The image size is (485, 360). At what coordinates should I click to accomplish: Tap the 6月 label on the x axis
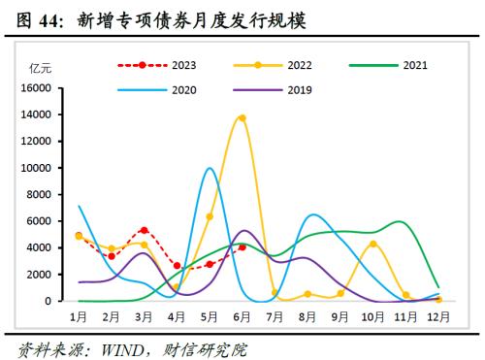[x=242, y=316]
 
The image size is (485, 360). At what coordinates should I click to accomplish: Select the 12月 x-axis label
[x=438, y=316]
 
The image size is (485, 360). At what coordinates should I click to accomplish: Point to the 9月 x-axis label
[x=339, y=316]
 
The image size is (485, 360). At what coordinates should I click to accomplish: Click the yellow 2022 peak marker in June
[x=242, y=118]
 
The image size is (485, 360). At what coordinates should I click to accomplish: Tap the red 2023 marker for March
[x=144, y=230]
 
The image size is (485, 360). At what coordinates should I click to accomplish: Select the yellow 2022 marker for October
[x=372, y=244]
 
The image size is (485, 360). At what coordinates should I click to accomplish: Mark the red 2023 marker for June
[x=242, y=247]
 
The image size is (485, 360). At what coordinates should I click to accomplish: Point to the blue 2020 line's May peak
[x=210, y=169]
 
